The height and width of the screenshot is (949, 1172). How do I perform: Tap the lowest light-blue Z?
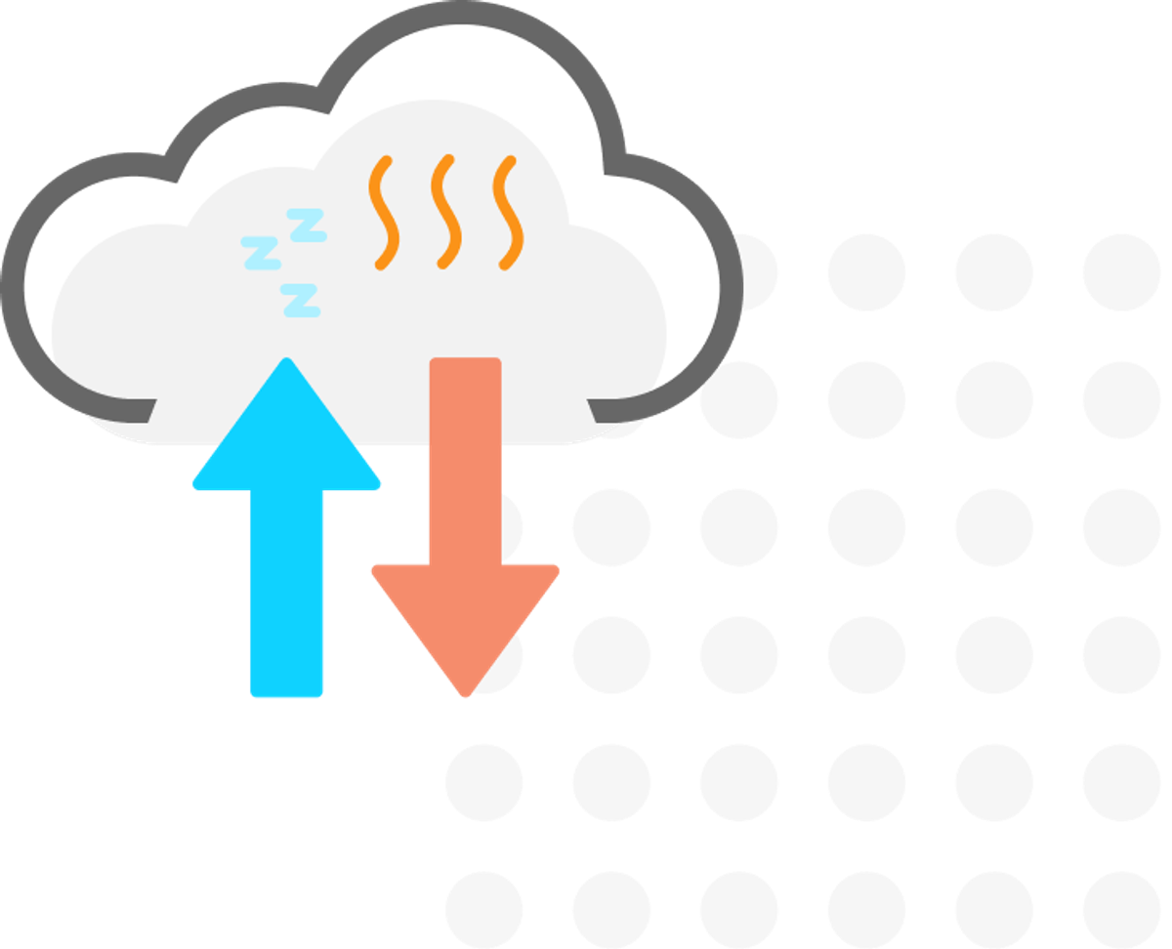pos(301,300)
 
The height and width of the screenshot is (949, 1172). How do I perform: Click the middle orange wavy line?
pos(446,212)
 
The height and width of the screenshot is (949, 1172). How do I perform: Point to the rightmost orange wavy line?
pos(507,212)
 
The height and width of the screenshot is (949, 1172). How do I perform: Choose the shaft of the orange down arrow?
pos(465,459)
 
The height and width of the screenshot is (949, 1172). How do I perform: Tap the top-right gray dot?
pos(1121,272)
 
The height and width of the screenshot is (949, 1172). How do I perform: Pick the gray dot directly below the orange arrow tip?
pos(484,782)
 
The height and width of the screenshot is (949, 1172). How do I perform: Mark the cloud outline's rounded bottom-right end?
pos(598,410)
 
